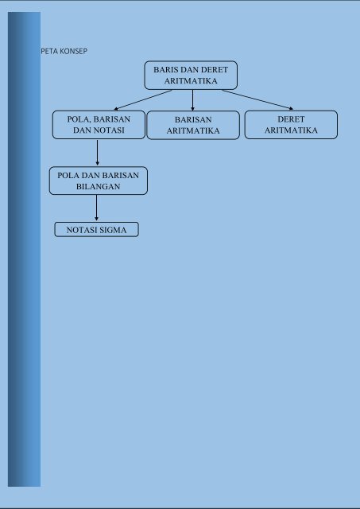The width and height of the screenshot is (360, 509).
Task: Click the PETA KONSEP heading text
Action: click(64, 51)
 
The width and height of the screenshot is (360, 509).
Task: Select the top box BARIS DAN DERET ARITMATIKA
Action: click(191, 76)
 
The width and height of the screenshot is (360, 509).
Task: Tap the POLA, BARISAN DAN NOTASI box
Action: click(99, 125)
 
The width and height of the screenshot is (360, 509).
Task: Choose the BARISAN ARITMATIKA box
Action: click(193, 125)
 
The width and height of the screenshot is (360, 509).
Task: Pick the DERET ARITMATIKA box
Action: click(291, 125)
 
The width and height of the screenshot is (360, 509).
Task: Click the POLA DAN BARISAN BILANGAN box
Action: click(99, 181)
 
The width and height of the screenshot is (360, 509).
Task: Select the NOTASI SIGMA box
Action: click(96, 230)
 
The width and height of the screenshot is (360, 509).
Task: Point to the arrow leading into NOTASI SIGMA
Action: click(96, 208)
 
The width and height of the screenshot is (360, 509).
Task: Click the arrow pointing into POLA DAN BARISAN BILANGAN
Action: click(97, 153)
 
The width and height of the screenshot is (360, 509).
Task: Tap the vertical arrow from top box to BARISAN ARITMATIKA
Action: click(192, 100)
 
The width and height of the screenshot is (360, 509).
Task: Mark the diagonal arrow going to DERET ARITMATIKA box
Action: click(257, 100)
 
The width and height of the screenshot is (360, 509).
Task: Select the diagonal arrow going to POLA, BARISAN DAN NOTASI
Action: click(143, 100)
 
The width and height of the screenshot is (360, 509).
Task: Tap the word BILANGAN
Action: click(99, 187)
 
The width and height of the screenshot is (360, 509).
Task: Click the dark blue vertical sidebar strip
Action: click(24, 249)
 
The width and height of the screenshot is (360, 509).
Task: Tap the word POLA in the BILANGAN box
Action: click(68, 176)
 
